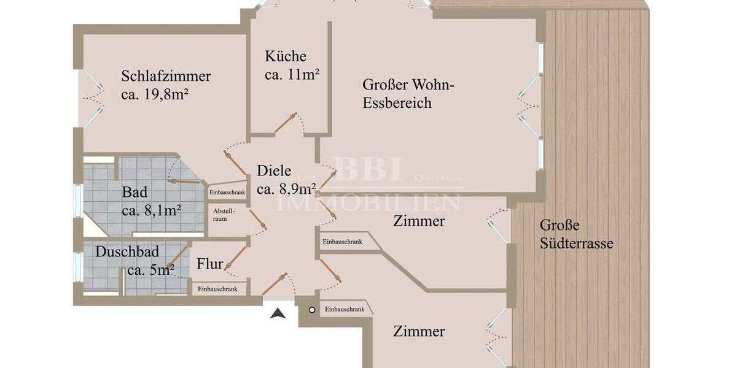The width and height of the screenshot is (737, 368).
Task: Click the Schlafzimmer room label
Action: (x=166, y=77)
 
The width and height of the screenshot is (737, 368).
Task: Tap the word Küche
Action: (x=286, y=56)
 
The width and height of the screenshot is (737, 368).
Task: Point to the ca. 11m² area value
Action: (x=292, y=75)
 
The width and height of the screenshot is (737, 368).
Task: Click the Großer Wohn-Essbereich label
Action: (x=408, y=93)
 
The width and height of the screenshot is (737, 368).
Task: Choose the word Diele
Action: (x=274, y=171)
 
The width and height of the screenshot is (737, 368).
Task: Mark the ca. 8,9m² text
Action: (x=286, y=190)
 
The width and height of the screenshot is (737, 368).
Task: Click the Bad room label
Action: (x=135, y=193)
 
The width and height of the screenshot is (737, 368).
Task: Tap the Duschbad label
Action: (x=127, y=251)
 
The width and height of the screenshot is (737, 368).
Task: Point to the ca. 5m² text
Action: (x=150, y=270)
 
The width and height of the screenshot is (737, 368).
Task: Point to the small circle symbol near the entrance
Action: (x=312, y=310)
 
